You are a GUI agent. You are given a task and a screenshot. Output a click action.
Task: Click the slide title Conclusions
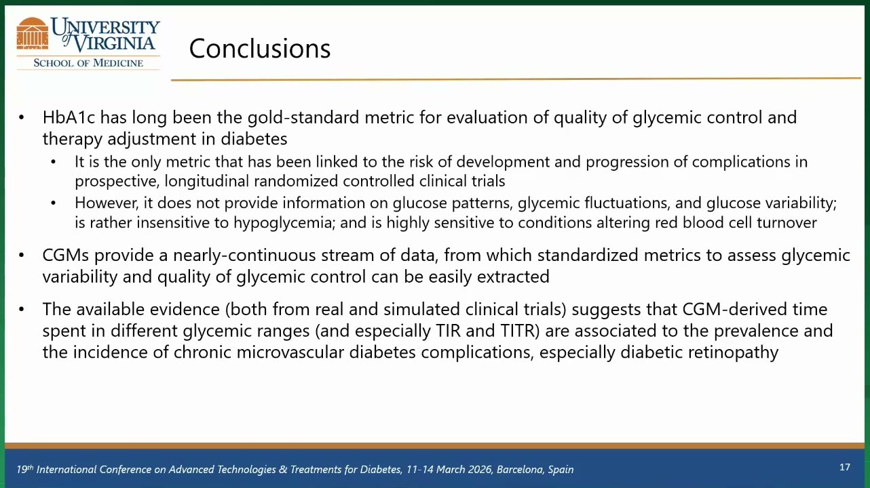pos(259,49)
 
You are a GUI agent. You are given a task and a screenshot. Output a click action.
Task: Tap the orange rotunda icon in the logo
pos(33,34)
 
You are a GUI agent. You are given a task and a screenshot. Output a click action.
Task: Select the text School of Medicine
pos(88,63)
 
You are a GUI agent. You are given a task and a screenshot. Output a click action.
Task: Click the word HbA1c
pos(69,117)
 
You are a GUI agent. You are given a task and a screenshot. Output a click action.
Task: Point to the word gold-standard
pos(303,117)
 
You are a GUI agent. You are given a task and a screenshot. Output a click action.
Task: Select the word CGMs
pos(66,256)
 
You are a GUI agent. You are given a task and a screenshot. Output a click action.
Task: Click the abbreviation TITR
pos(520,331)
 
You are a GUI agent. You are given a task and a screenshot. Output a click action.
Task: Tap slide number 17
pos(845,467)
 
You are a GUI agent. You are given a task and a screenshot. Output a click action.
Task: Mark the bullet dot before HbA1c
pos(21,117)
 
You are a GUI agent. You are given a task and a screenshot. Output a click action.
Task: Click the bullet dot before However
pos(53,203)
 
